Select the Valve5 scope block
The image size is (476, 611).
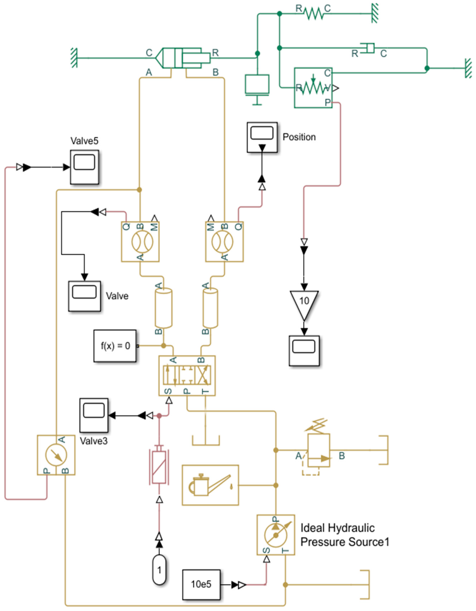point(84,167)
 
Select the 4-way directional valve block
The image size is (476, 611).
point(187,376)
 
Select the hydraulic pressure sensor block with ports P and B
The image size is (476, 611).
point(56,455)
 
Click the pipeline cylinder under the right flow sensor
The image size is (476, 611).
point(211,308)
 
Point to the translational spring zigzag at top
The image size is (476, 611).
point(313,13)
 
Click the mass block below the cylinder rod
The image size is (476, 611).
point(257,84)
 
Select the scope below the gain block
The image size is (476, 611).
point(304,351)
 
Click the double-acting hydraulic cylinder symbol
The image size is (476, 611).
point(182,58)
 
